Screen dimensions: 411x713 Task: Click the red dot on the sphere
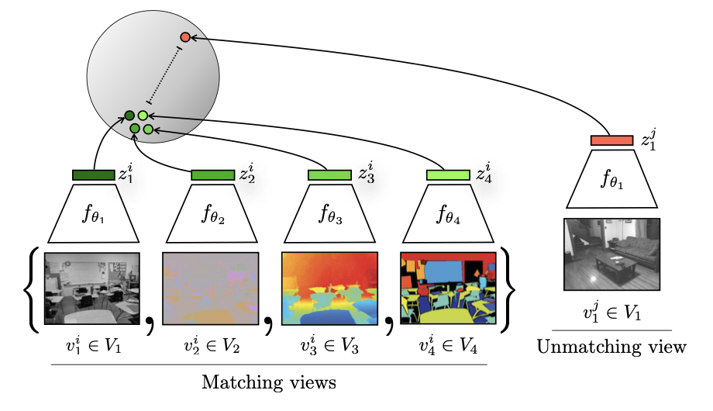coord(184,37)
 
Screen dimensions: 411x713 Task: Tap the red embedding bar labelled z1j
coord(611,140)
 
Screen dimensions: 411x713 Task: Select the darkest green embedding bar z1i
coord(93,175)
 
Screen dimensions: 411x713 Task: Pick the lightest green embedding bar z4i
coord(447,175)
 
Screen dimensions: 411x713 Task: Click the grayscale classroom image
coord(92,288)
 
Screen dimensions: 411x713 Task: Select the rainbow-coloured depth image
coord(329,288)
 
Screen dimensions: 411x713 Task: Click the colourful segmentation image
coord(447,288)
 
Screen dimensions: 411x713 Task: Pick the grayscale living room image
coord(611,254)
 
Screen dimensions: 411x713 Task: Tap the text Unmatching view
coord(611,347)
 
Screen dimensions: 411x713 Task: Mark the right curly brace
coord(508,288)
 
